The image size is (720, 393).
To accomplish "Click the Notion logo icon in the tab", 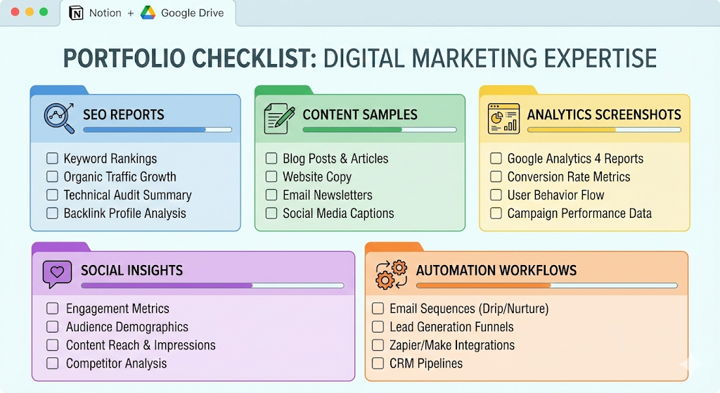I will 75,13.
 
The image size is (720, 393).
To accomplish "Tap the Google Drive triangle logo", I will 148,13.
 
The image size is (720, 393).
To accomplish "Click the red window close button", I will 15,13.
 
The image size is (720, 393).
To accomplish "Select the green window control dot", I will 44,13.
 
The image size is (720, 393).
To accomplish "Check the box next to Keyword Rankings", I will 52,159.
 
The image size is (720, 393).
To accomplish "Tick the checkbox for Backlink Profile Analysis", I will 52,214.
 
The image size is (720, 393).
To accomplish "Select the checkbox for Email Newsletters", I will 271,195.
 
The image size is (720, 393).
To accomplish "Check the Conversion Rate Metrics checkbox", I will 496,177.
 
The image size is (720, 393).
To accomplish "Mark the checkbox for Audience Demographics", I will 52,327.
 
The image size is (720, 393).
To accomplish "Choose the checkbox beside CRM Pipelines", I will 378,363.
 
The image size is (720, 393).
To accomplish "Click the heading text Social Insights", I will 131,271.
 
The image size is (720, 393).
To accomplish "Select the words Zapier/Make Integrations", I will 452,345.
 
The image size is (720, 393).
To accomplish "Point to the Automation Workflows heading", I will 496,271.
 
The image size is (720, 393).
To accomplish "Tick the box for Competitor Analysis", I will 52,363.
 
